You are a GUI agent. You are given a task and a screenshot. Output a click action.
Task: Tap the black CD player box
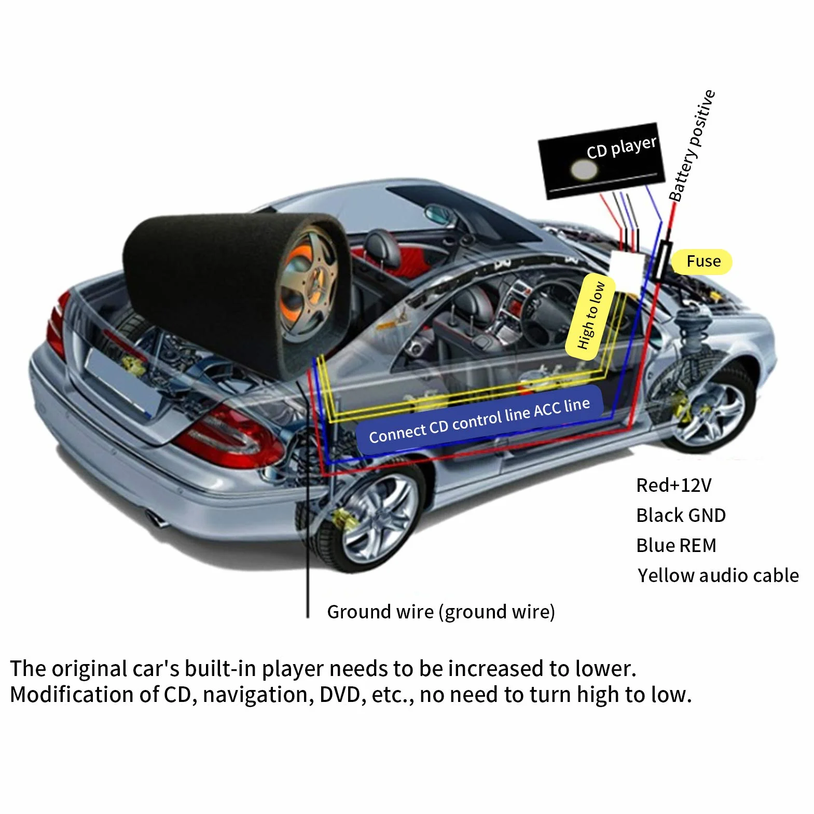pyautogui.click(x=602, y=160)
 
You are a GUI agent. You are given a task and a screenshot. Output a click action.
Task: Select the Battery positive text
pyautogui.click(x=692, y=146)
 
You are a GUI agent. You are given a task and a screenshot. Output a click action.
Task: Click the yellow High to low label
pyautogui.click(x=591, y=316)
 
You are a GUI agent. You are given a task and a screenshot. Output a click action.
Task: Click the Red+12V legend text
pyautogui.click(x=674, y=485)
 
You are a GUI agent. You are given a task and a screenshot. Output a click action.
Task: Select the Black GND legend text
pyautogui.click(x=681, y=515)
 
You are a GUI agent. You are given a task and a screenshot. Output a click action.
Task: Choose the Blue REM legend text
pyautogui.click(x=676, y=545)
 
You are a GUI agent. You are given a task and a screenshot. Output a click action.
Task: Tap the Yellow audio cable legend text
pyautogui.click(x=718, y=575)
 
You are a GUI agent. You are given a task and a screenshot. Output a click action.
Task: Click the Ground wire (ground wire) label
pyautogui.click(x=441, y=612)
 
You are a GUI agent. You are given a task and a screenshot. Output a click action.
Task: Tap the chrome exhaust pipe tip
pyautogui.click(x=156, y=518)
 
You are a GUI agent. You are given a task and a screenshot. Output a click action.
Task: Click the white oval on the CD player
pyautogui.click(x=584, y=169)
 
